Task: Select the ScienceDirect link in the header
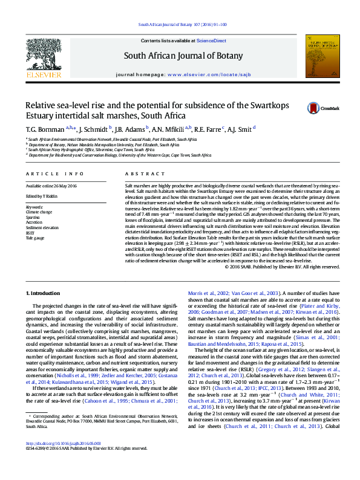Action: click(x=212, y=41)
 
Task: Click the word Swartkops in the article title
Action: click(x=266, y=105)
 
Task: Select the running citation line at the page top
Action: click(x=183, y=25)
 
